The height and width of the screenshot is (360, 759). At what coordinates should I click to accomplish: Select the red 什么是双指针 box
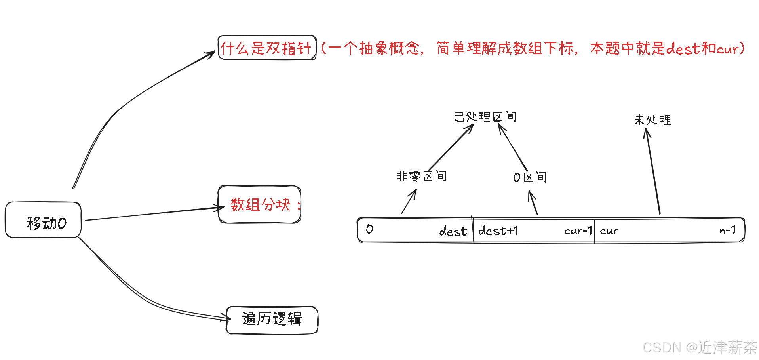[267, 48]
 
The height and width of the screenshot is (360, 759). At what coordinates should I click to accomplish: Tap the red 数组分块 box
[260, 204]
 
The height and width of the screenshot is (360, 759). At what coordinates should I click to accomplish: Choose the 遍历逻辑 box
[272, 320]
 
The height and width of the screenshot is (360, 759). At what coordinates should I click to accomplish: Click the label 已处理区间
[485, 117]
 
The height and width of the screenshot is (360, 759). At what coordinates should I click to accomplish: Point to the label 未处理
[652, 120]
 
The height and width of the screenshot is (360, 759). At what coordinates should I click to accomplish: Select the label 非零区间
[421, 176]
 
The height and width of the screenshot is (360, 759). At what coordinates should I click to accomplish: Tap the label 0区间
[529, 177]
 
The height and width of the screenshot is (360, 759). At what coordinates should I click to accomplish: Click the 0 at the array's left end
[369, 229]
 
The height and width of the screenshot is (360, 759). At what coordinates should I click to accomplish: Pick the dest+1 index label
[498, 230]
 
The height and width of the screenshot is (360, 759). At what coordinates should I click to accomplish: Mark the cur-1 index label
[578, 230]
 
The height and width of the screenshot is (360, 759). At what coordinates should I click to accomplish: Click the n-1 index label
[727, 230]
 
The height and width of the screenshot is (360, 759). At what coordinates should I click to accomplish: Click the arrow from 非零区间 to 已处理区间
[451, 147]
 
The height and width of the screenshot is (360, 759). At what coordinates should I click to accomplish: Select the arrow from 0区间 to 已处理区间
[513, 148]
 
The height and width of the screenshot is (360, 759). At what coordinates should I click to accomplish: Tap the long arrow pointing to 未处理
[653, 172]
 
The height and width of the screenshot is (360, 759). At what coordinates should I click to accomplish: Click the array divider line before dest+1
[473, 230]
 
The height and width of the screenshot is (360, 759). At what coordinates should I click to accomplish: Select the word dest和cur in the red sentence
[703, 48]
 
